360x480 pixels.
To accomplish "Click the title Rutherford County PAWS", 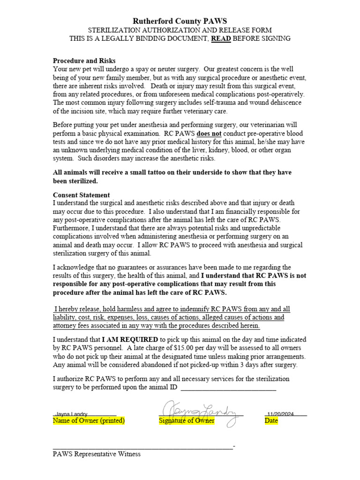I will coord(180,21).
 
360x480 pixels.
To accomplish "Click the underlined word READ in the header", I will coord(221,38).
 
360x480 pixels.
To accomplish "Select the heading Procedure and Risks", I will coord(84,61).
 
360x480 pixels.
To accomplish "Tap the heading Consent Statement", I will coord(81,195).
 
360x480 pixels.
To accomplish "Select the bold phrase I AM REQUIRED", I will coord(130,339).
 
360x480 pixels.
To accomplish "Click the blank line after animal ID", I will coord(228,388).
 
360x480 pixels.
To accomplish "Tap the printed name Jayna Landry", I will coord(71,414).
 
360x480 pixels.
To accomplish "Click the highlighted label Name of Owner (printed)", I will coord(89,421).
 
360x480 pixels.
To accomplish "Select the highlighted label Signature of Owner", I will coord(187,421).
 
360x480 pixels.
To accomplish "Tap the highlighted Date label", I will coord(271,421).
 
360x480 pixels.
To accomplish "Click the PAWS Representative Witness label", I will coord(97,454).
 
